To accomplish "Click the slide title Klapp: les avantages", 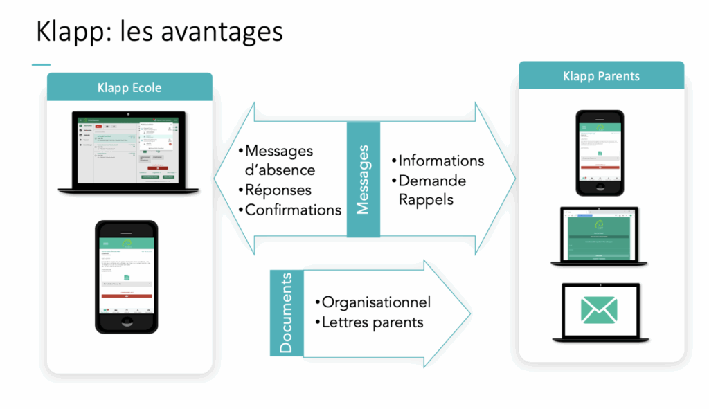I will point(159,32).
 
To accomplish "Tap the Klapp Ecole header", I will point(129,88).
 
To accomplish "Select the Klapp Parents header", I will point(601,76).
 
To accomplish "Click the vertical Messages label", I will point(364,180).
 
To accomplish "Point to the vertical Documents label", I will point(287,313).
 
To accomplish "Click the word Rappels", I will point(426,199).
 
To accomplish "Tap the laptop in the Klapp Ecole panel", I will point(129,150).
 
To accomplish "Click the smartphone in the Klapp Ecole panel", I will point(126,276).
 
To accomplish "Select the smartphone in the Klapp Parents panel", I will point(600,152).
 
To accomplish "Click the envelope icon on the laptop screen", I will point(600,310).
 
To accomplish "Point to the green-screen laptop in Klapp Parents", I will point(600,235).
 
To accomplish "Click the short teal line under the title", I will point(41,65).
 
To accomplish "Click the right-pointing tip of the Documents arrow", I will point(469,309).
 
